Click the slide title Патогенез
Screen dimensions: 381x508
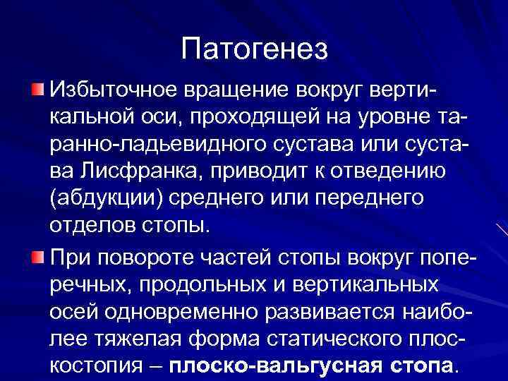point(254,49)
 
